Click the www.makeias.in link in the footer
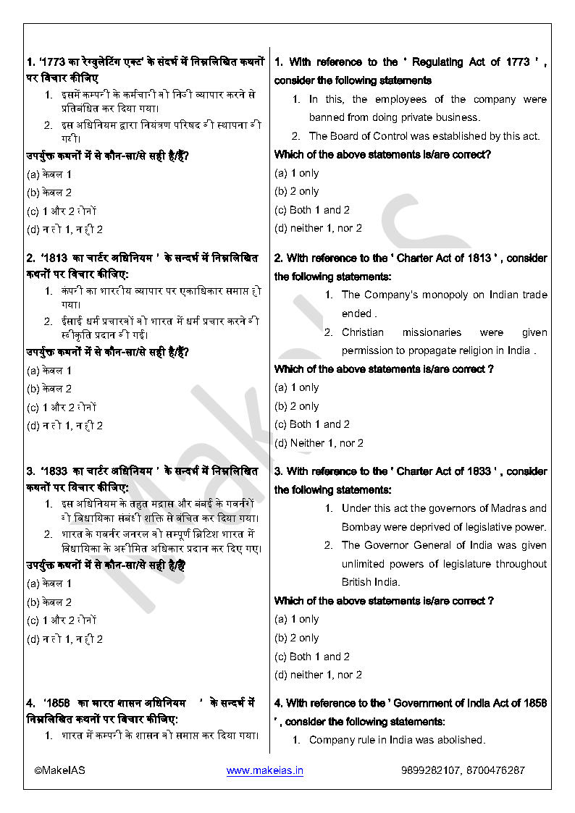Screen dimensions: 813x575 [264, 770]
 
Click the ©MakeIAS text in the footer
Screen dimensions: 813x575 [59, 770]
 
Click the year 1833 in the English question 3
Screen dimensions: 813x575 [478, 471]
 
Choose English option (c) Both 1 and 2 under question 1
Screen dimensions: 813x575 [312, 210]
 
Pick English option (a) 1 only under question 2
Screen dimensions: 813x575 [296, 388]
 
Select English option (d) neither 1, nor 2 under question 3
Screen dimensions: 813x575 [318, 675]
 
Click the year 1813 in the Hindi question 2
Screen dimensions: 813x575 [56, 258]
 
